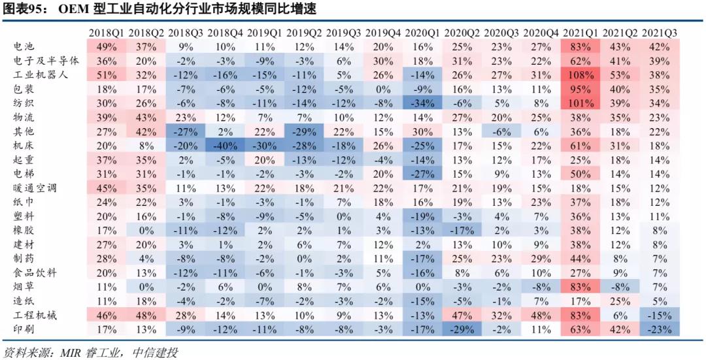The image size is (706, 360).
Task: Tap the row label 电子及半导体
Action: tap(46, 60)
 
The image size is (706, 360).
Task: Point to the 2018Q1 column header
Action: tap(107, 32)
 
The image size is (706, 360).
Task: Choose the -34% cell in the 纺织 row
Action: tap(422, 103)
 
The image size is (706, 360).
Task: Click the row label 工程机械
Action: tap(35, 316)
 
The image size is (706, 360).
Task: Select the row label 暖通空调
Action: tap(35, 188)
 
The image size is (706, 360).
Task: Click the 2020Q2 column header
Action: tap(462, 32)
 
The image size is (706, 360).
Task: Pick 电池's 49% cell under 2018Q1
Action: tap(107, 46)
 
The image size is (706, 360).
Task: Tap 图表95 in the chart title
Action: tap(24, 9)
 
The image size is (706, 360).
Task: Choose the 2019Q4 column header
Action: tap(383, 32)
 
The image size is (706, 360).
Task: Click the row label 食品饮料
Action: tap(35, 273)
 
